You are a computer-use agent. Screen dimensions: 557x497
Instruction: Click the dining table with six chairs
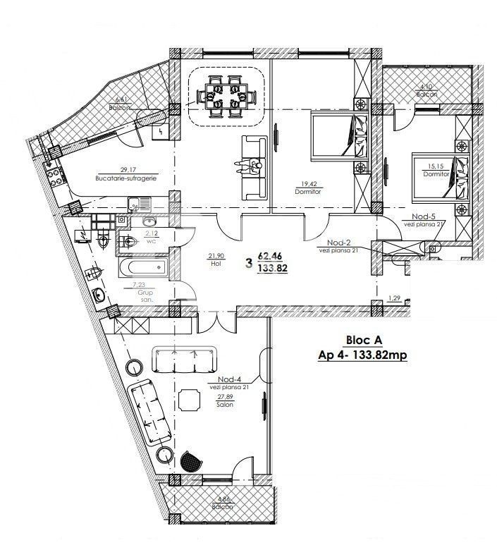pyautogui.click(x=226, y=97)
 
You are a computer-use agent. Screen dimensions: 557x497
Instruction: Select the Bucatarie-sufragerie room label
pyautogui.click(x=125, y=179)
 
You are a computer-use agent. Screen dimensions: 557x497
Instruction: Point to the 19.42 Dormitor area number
pyautogui.click(x=303, y=181)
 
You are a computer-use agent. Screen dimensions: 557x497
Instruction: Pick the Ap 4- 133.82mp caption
pyautogui.click(x=362, y=356)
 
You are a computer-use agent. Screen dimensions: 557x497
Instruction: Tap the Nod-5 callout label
pyautogui.click(x=424, y=216)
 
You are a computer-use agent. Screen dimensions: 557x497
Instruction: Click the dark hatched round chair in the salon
pyautogui.click(x=190, y=461)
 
